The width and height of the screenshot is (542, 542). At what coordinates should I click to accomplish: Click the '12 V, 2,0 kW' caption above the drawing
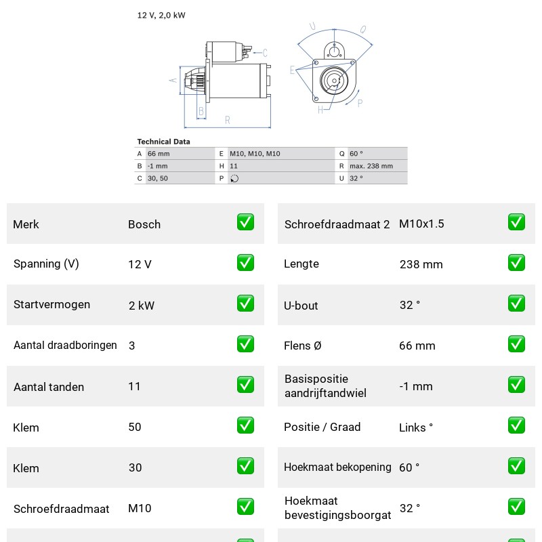tap(161, 15)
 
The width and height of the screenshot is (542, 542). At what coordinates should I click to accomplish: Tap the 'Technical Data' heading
tap(163, 142)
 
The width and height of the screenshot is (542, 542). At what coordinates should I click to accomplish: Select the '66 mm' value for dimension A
tap(159, 154)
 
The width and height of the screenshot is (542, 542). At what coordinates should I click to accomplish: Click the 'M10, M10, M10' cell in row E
tap(255, 154)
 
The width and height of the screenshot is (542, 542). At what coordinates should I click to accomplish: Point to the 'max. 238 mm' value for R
tap(371, 166)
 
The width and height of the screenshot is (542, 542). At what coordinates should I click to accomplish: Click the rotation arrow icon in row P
tap(234, 178)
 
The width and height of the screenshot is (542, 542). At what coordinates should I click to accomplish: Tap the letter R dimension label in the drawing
tap(228, 120)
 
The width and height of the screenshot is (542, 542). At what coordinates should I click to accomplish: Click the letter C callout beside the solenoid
tap(265, 53)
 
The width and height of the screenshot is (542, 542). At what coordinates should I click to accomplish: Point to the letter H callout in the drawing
tap(320, 110)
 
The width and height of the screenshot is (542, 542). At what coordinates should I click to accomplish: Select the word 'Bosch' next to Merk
tap(144, 224)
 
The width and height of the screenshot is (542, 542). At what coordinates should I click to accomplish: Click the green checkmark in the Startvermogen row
tap(245, 304)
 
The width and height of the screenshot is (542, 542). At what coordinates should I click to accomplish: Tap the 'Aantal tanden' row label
tap(49, 387)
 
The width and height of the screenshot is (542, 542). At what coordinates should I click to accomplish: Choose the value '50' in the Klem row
tap(135, 427)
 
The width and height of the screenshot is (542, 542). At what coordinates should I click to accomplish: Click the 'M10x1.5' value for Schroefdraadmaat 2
tap(421, 224)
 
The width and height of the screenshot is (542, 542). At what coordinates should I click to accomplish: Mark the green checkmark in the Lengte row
tap(516, 263)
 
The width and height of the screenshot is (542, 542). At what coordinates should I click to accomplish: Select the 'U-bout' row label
tap(301, 306)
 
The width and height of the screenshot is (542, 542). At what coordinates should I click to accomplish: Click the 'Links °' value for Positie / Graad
tap(416, 428)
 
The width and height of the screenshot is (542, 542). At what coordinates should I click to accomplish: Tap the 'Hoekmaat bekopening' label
tap(337, 467)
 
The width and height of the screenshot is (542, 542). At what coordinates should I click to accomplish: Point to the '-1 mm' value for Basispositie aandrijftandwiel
tap(416, 386)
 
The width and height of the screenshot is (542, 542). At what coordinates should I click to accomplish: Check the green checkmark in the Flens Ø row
tap(516, 344)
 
